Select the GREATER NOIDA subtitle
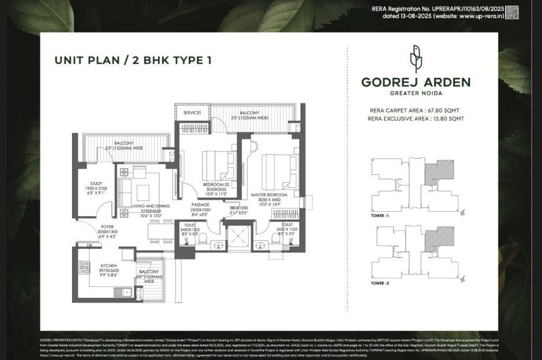pyautogui.click(x=416, y=93)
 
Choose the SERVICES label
pyautogui.click(x=192, y=113)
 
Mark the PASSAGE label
pyautogui.click(x=200, y=205)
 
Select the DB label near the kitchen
pyautogui.click(x=89, y=245)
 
